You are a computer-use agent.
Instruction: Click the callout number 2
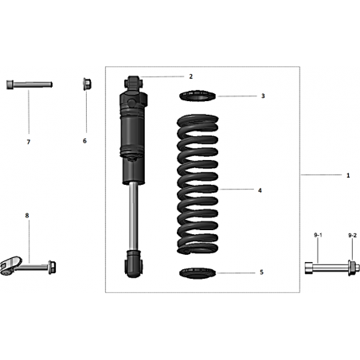tap(190, 76)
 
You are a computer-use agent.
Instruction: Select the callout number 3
tap(263, 96)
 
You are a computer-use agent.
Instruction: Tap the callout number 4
tap(260, 190)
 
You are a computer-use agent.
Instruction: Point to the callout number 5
tap(261, 272)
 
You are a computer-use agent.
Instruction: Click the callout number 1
tap(348, 175)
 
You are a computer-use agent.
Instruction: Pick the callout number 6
tap(84, 141)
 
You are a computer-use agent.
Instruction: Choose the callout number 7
tap(29, 142)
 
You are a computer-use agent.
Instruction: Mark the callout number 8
tap(27, 215)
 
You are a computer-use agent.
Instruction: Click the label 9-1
tap(318, 235)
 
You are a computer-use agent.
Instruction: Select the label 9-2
tap(352, 235)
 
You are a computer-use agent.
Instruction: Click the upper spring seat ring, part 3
tap(198, 96)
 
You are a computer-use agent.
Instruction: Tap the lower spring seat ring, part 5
tap(198, 273)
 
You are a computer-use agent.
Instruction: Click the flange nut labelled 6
tap(87, 84)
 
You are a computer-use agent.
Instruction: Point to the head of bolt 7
tap(10, 84)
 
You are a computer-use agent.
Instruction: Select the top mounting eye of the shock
tap(133, 82)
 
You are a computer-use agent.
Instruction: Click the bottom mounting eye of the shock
tap(134, 264)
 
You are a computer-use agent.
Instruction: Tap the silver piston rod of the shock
tap(134, 216)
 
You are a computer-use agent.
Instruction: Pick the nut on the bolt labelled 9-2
tap(352, 268)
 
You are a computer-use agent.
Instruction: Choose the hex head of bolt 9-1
tap(309, 268)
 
